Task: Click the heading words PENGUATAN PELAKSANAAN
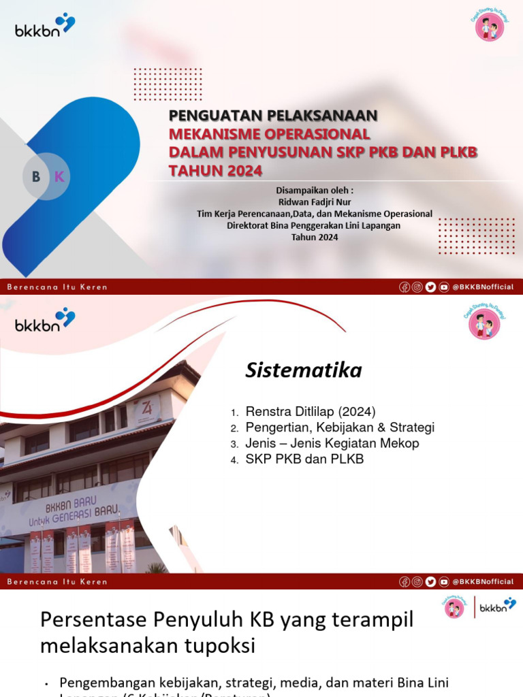click(272, 116)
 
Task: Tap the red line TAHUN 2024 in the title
click(215, 170)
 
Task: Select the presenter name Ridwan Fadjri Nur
click(314, 202)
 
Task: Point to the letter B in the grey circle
click(36, 177)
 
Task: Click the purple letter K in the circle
click(59, 177)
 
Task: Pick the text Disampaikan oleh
click(315, 191)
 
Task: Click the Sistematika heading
click(304, 371)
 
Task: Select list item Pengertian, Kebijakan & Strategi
click(340, 427)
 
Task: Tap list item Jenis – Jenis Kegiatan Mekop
click(332, 443)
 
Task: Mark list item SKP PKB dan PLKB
click(304, 459)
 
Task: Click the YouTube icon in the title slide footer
click(444, 287)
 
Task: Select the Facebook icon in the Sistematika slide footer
click(405, 581)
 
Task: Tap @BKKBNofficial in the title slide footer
click(483, 287)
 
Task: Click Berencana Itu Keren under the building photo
click(57, 581)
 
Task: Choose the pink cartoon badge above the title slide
click(488, 26)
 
